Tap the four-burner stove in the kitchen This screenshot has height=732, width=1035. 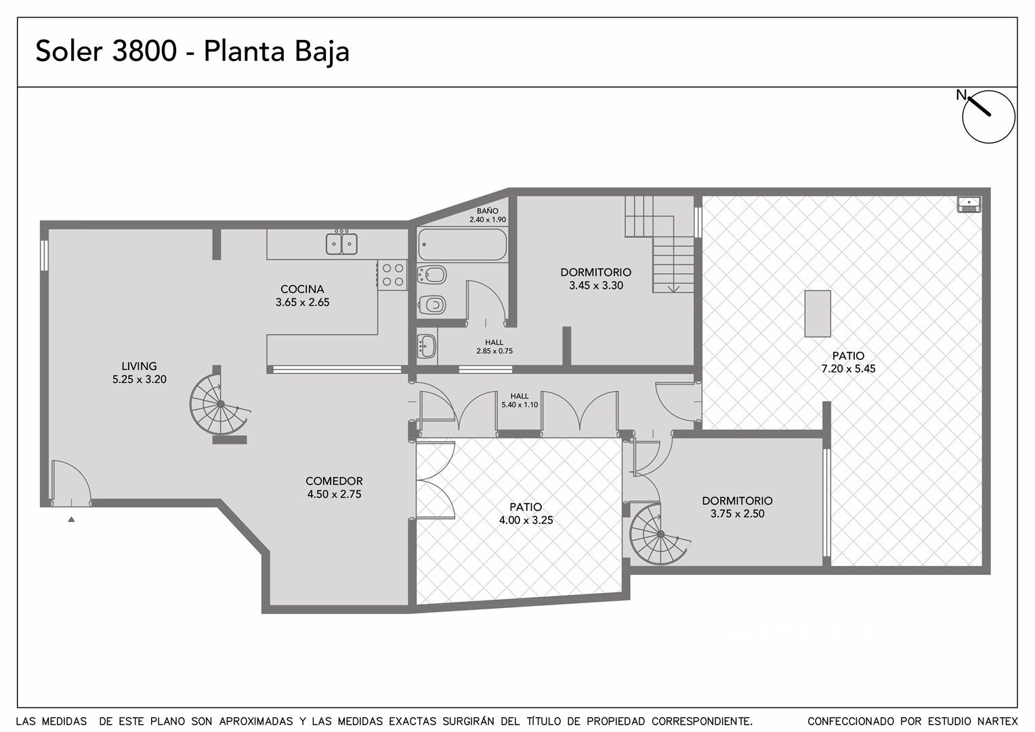[x=393, y=274]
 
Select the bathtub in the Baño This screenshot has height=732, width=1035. [x=463, y=244]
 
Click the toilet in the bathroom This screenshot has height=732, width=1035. [x=432, y=305]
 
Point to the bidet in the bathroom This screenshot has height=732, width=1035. [x=432, y=274]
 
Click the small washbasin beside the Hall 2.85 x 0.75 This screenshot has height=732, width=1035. [x=427, y=344]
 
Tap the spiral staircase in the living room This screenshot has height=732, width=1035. [x=219, y=404]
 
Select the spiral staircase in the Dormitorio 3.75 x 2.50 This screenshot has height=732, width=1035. [x=659, y=534]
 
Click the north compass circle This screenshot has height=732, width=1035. [x=989, y=117]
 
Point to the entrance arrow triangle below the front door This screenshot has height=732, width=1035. [x=71, y=519]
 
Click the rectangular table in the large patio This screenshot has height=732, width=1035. [x=818, y=314]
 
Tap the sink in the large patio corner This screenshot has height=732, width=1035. [x=969, y=205]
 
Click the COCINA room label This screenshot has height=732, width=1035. [x=302, y=289]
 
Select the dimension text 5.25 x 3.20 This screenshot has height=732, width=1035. [x=140, y=379]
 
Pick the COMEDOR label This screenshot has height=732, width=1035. [x=334, y=481]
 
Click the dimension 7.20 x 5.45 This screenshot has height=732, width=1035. [x=848, y=369]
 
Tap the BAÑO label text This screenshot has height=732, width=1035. [x=488, y=211]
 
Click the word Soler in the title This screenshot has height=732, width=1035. [x=69, y=51]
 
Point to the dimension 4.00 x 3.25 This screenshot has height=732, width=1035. [x=526, y=520]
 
